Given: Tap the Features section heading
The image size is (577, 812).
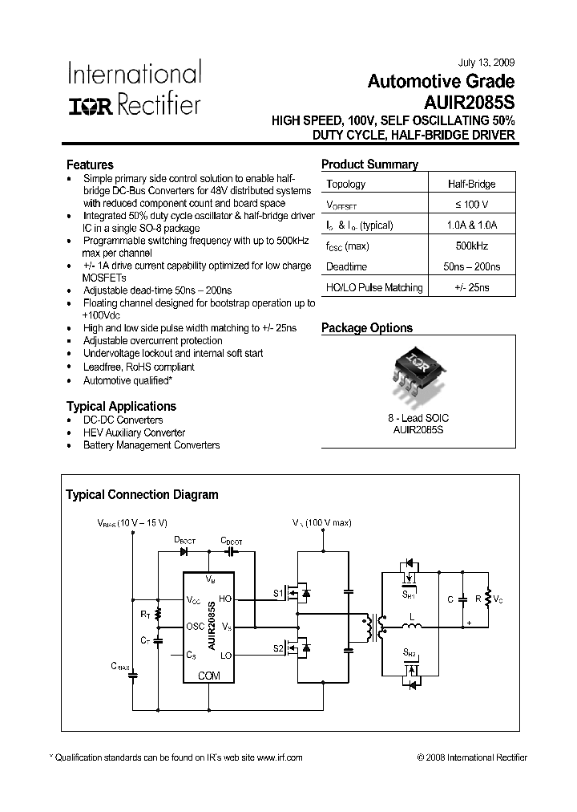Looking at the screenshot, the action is click(90, 165).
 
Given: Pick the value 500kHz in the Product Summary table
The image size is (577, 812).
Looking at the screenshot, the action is click(471, 246).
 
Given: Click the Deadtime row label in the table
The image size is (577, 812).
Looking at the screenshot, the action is click(347, 266).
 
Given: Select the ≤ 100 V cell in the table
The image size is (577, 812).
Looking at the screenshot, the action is click(471, 205).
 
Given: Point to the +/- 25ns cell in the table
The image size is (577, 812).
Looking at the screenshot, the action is click(471, 287).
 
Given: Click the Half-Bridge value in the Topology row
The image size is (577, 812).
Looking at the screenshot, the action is click(471, 184).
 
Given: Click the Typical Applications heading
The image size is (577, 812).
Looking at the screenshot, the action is click(121, 406).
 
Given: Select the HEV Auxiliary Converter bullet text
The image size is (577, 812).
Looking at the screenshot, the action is click(135, 432).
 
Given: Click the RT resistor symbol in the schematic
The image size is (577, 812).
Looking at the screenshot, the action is click(158, 615).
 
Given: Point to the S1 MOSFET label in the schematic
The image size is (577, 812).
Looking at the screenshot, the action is click(278, 594).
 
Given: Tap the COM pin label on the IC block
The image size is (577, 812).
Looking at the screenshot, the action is click(208, 676).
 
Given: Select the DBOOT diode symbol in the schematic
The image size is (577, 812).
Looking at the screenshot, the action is click(184, 551).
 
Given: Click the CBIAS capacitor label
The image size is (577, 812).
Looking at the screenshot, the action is click(121, 665).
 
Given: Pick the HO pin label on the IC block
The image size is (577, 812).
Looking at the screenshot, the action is click(225, 599).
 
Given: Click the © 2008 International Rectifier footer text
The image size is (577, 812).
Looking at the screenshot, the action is click(472, 757).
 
